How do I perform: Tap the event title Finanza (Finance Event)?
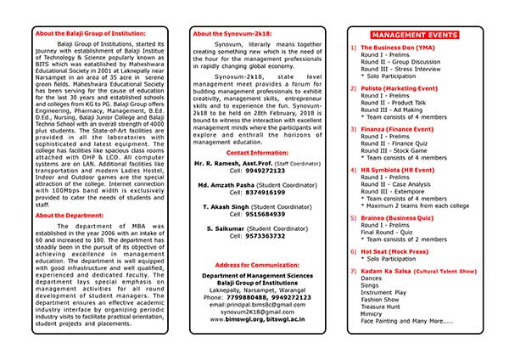399,129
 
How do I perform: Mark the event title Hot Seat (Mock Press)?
399,252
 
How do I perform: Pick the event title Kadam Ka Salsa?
395,269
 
